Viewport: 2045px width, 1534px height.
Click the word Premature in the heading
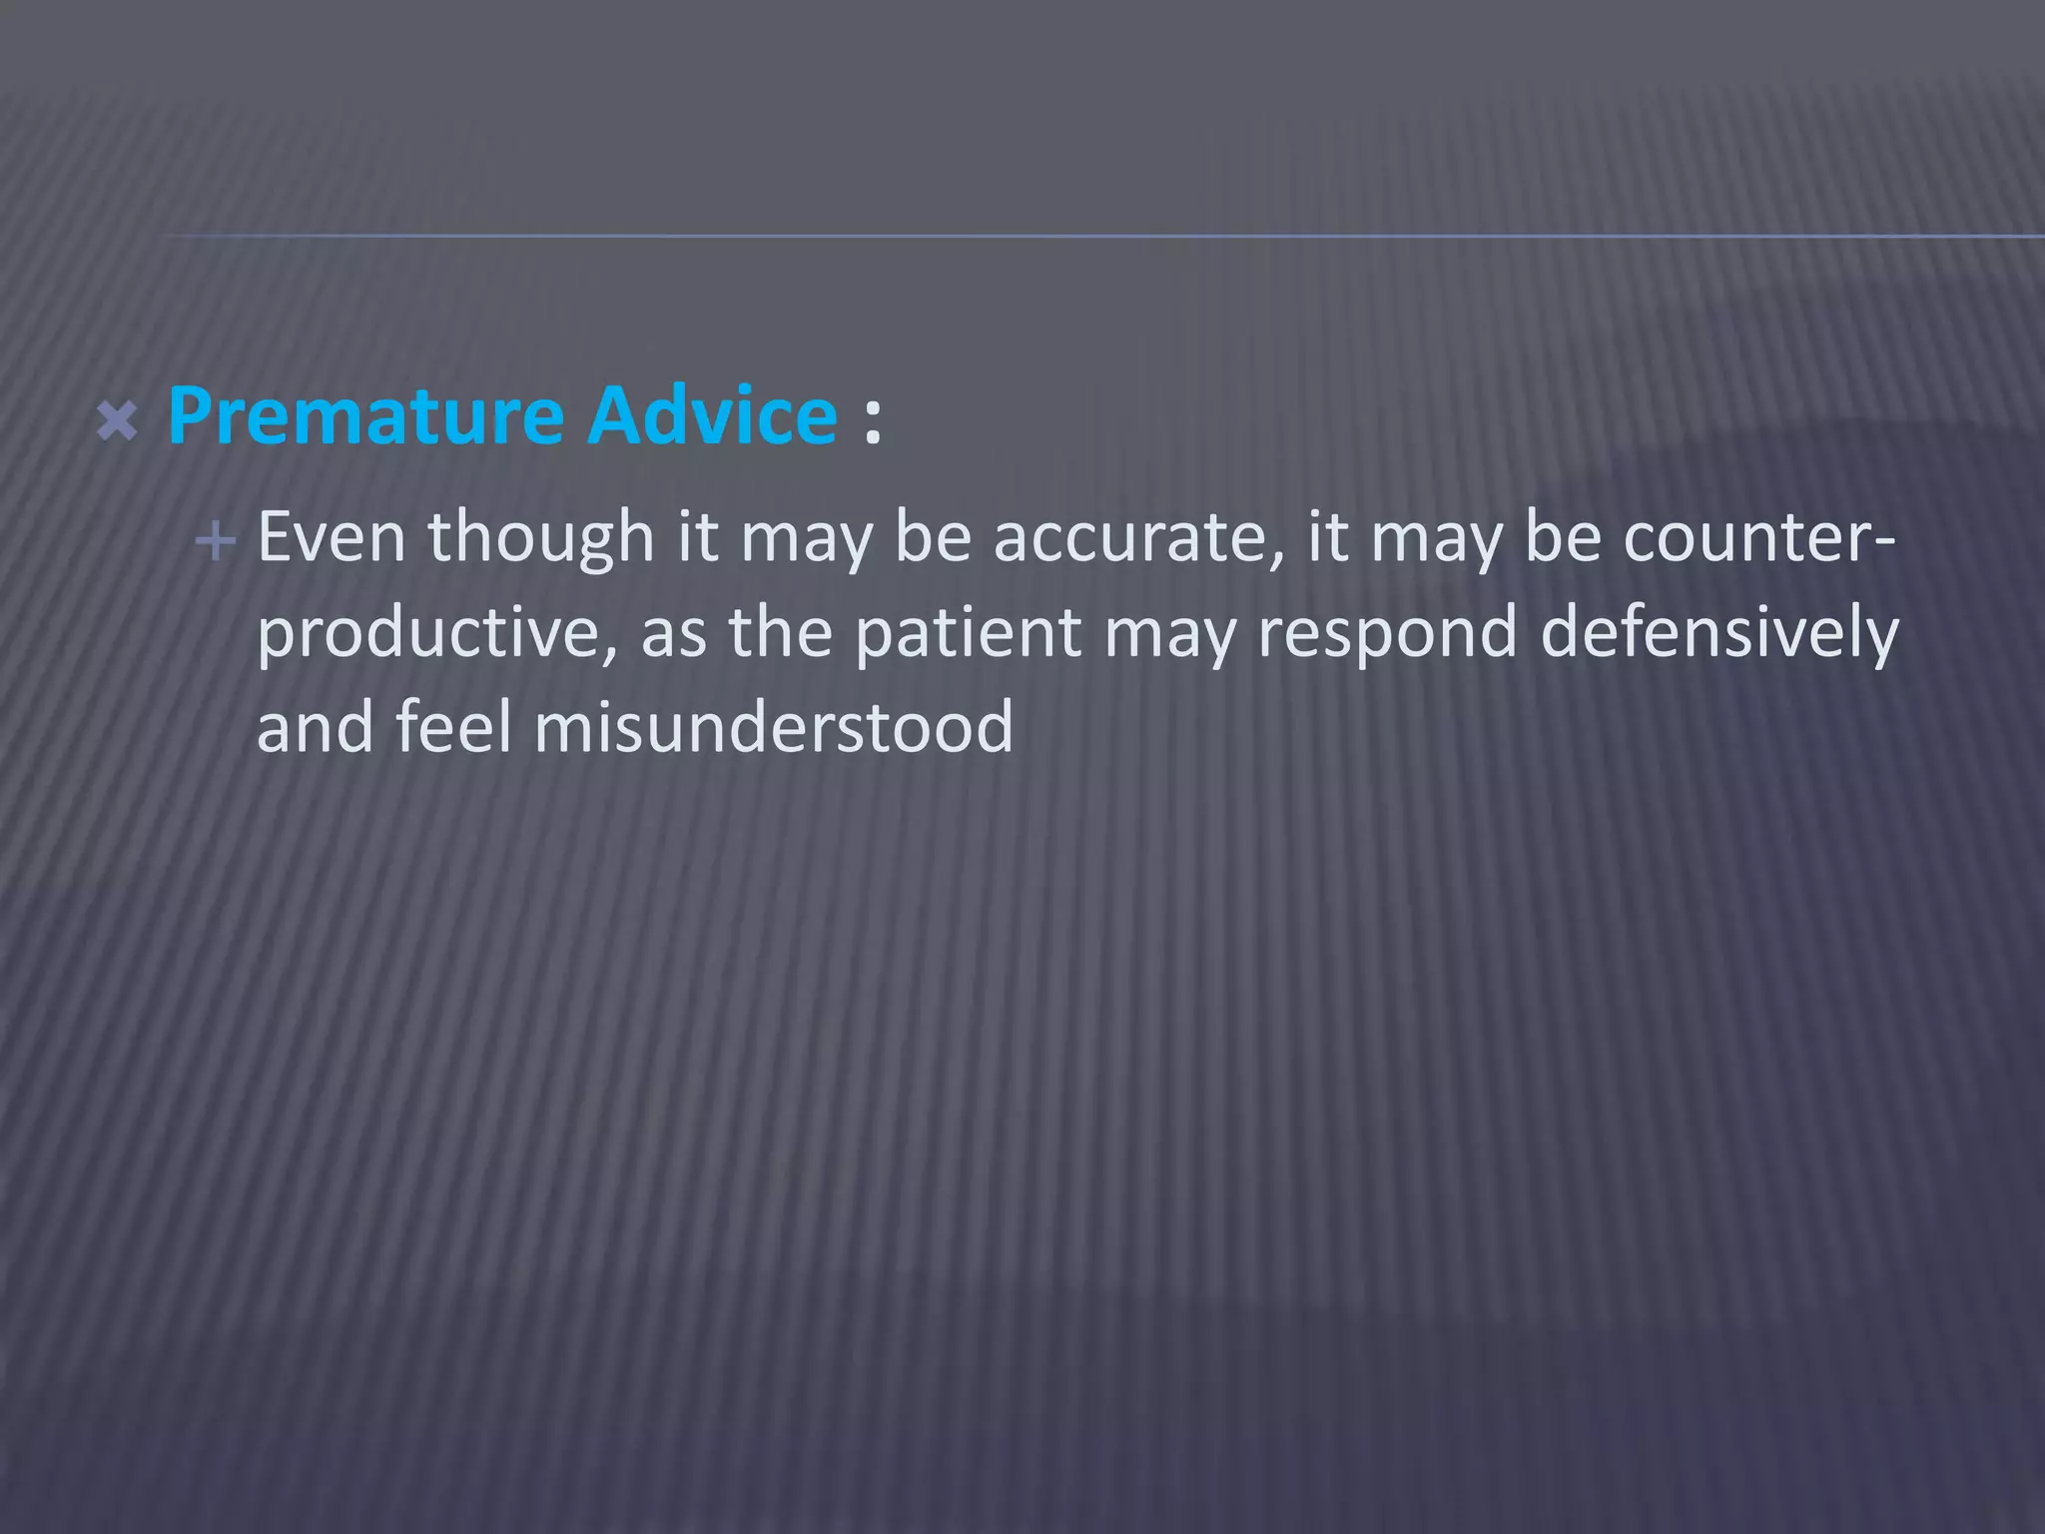[x=365, y=415]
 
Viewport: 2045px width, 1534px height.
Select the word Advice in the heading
[x=712, y=415]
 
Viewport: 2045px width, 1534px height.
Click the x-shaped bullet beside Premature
[x=118, y=421]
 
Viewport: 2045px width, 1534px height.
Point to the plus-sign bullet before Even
[x=216, y=542]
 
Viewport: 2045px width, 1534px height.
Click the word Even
[x=332, y=538]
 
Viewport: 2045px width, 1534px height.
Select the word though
[x=541, y=538]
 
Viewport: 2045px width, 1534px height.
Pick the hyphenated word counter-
[x=1758, y=538]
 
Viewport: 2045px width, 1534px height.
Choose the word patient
[x=968, y=633]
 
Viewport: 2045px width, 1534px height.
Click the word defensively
[x=1718, y=633]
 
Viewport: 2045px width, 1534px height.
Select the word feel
[x=453, y=727]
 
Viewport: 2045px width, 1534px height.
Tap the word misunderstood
[x=774, y=727]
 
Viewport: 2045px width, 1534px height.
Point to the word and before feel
[x=315, y=727]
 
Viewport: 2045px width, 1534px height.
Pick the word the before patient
[x=780, y=633]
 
